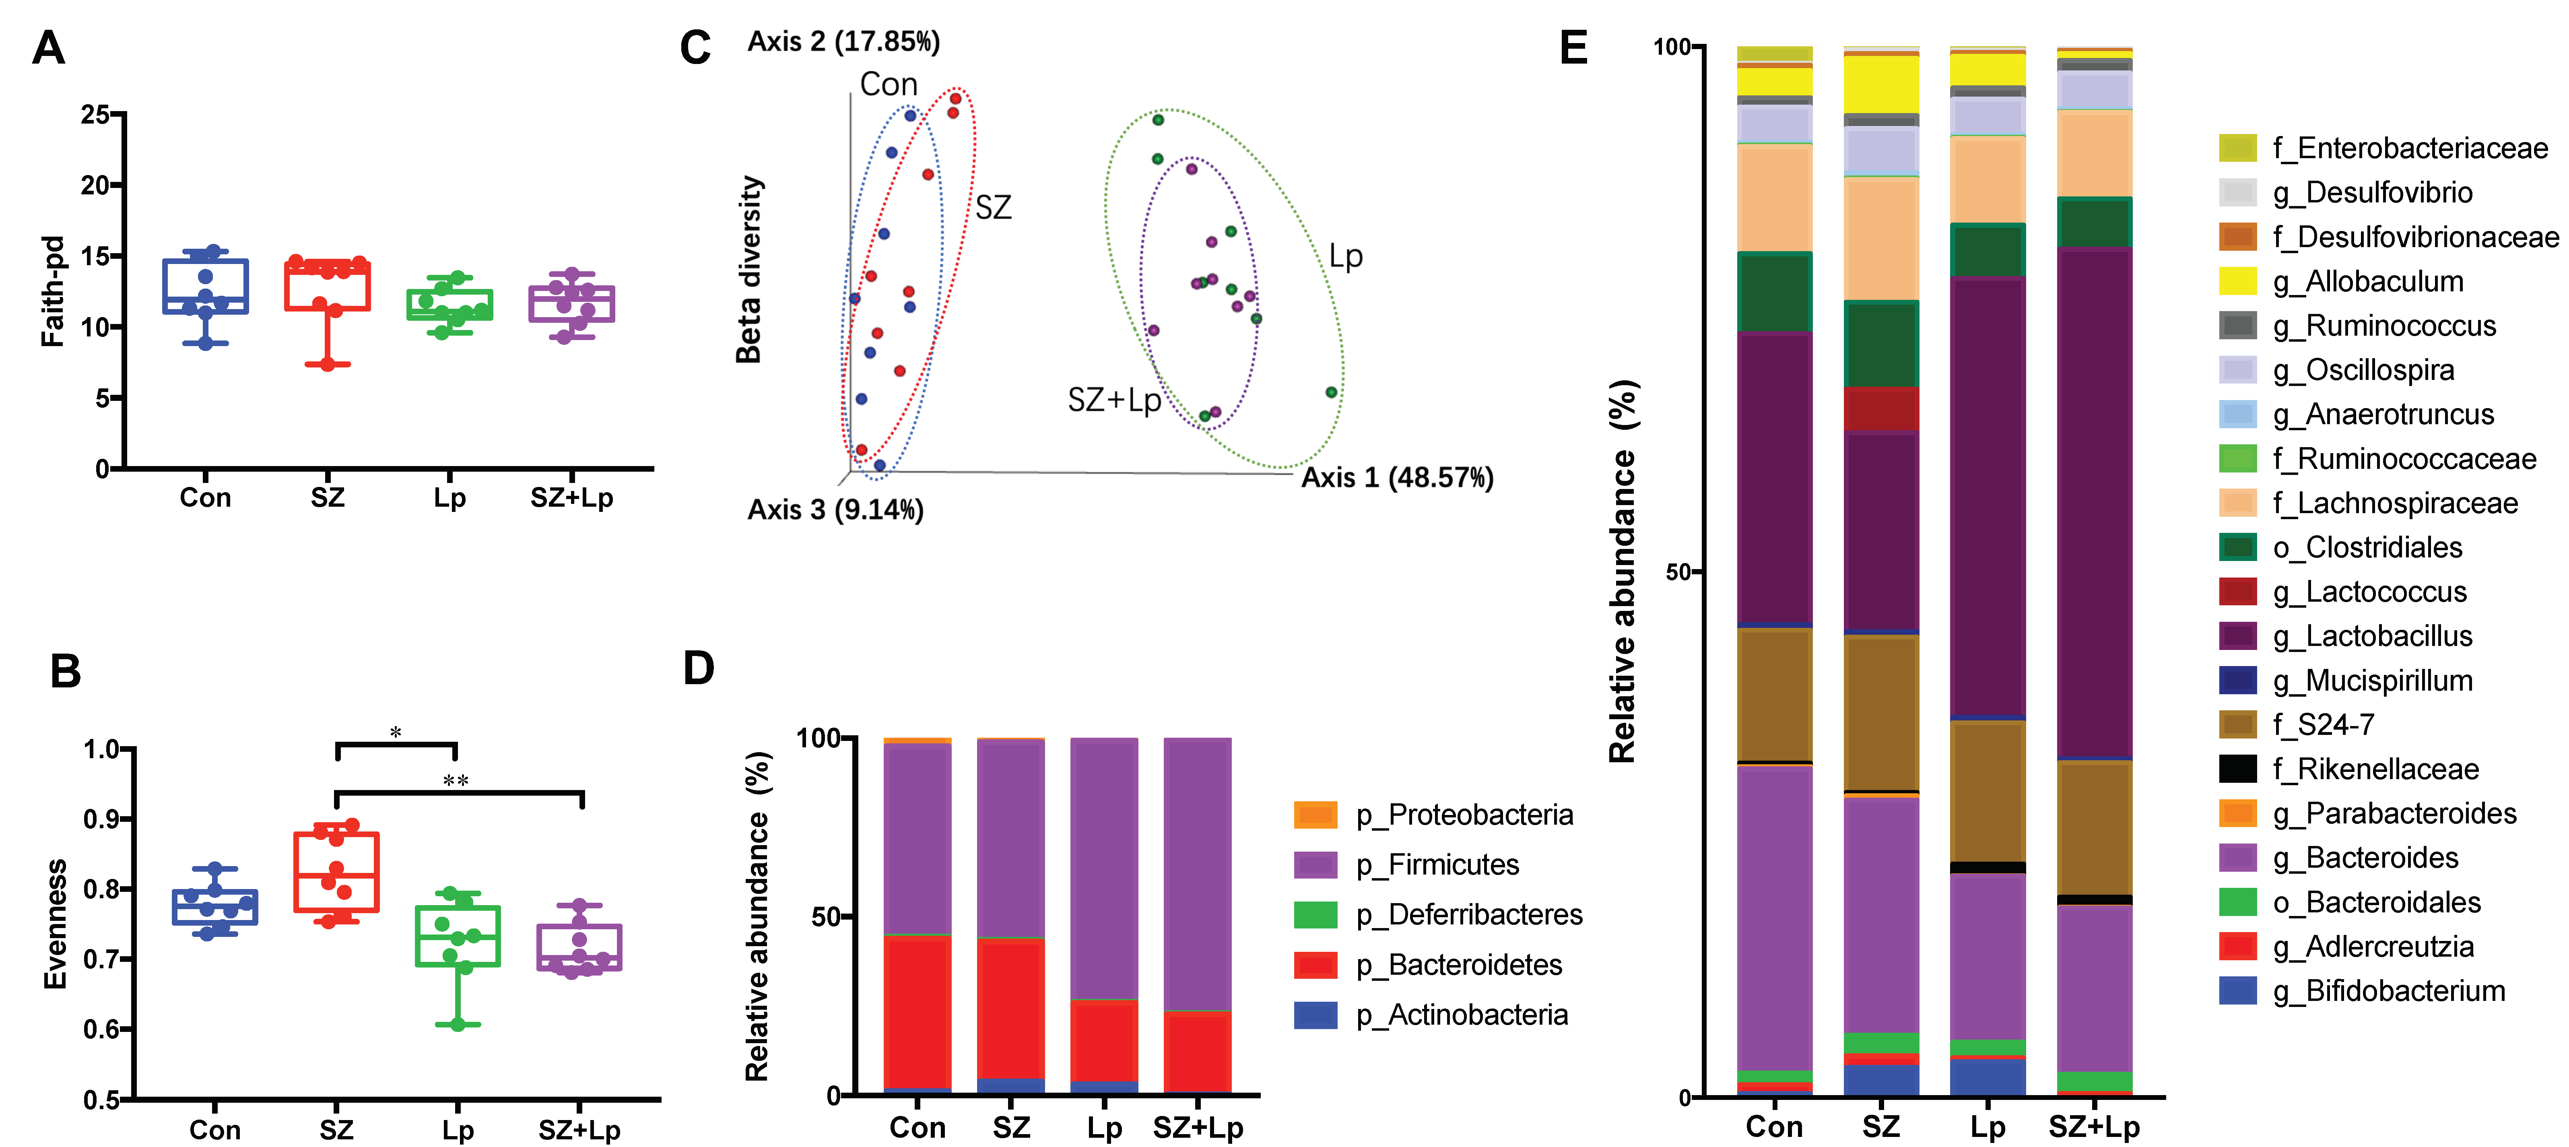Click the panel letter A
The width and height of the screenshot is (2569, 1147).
pyautogui.click(x=48, y=48)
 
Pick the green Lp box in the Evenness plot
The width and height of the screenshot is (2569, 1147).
pyautogui.click(x=458, y=936)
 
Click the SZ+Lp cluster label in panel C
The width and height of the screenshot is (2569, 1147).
pyautogui.click(x=1114, y=400)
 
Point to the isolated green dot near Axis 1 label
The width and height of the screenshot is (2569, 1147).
pyautogui.click(x=1331, y=392)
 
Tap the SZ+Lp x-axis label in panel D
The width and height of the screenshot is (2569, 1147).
pyautogui.click(x=1198, y=1128)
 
